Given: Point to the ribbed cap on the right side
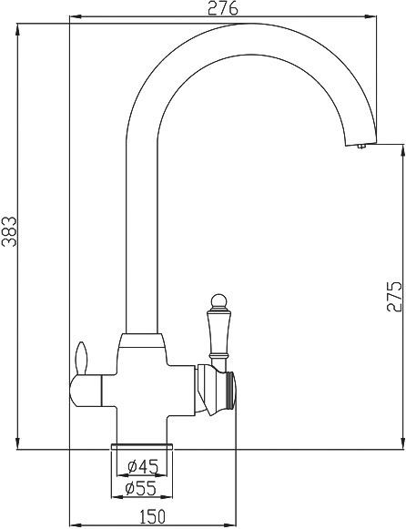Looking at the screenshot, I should tap(231, 390).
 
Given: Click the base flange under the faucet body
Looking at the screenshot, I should tap(138, 445).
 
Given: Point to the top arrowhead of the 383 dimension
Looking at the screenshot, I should tap(17, 26).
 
